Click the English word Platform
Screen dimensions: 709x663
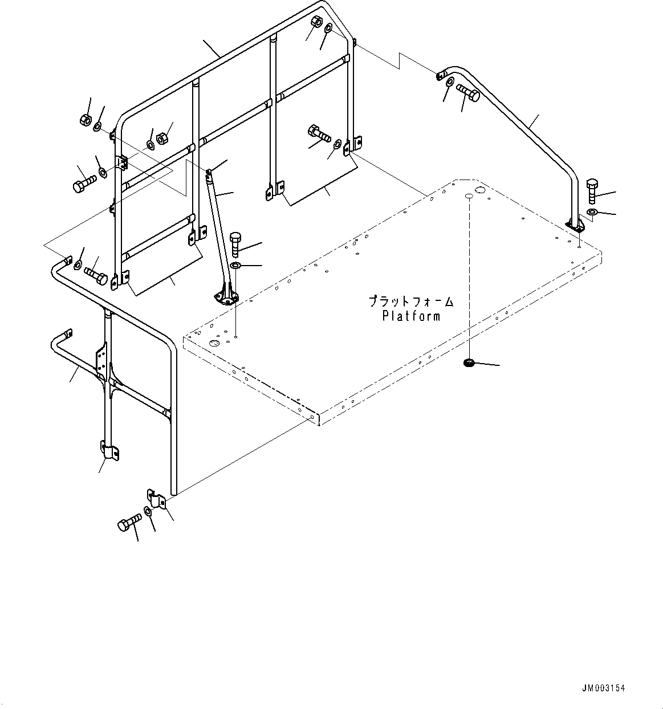click(x=410, y=316)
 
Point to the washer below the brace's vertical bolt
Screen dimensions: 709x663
click(x=236, y=266)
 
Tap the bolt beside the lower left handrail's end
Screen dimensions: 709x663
click(x=96, y=275)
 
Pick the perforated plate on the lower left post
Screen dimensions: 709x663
click(x=102, y=361)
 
